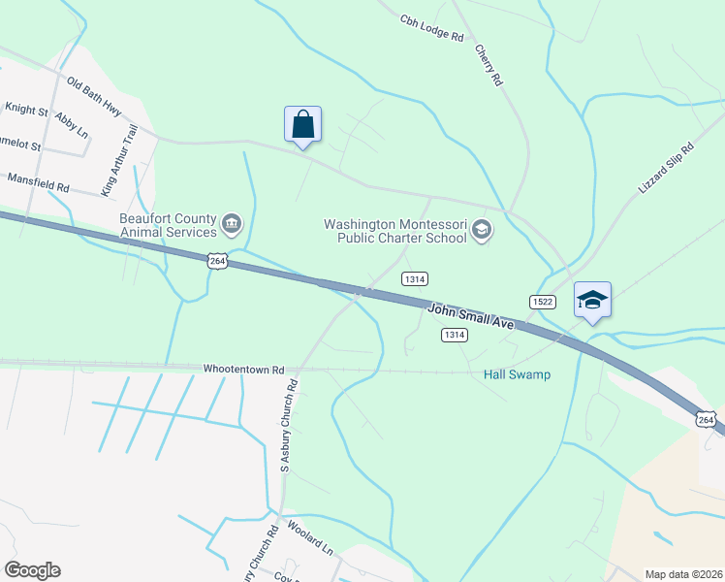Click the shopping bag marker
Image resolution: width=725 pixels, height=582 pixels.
pos(302,125)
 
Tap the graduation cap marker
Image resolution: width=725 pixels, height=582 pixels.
pos(592,300)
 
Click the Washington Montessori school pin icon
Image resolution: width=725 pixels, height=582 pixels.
pos(482,231)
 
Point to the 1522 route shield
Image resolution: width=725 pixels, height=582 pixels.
pos(542,303)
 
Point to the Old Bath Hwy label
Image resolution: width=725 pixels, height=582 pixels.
pos(94,94)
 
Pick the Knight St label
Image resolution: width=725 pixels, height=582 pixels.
pos(26,110)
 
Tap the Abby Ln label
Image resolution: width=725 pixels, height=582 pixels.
pos(72,124)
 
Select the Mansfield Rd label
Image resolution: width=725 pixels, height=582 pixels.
pos(39,180)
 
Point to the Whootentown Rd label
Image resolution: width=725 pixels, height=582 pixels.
pos(243,370)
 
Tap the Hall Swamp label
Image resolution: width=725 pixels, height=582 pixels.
pos(517,375)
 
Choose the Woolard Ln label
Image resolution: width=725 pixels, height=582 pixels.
pos(310,541)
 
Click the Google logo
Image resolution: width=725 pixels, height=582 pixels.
pos(32,570)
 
